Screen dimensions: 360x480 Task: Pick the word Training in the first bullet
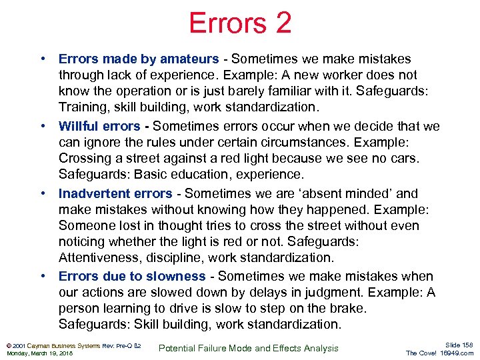[83, 107]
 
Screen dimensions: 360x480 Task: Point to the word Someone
[87, 225]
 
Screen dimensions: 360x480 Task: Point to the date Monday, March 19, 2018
[39, 353]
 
